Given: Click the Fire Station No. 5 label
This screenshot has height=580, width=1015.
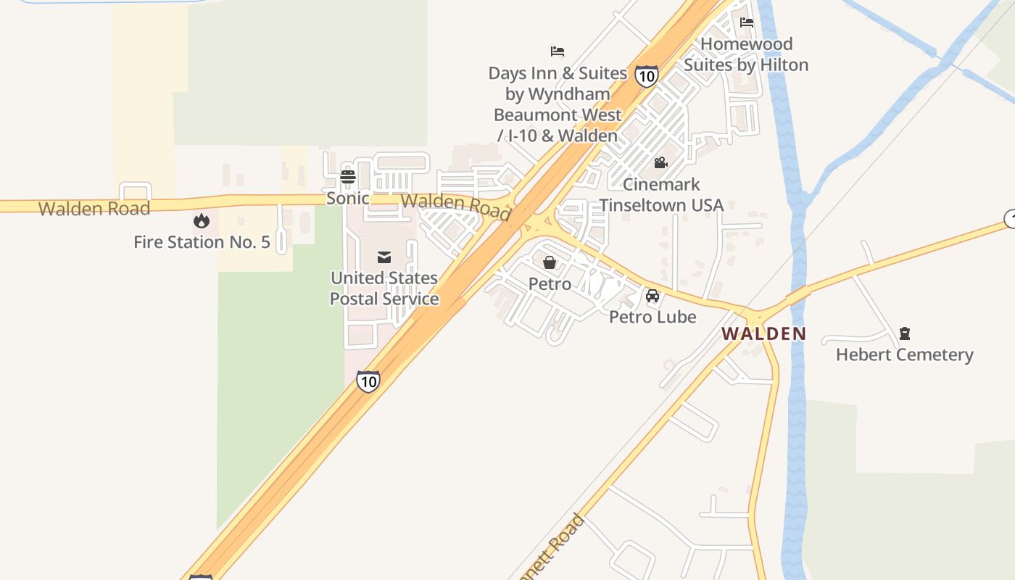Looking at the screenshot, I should click(202, 242).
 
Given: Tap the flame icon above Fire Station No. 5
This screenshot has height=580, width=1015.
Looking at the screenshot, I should click(202, 220).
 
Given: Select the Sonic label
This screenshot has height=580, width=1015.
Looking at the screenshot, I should click(347, 198).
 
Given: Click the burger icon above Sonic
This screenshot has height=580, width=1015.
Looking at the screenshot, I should click(348, 176).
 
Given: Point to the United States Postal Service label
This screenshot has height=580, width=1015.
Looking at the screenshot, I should click(384, 288).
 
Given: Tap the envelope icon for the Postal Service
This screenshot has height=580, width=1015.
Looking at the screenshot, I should click(384, 257).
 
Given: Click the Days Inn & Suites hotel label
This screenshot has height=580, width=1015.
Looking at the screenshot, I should click(558, 104).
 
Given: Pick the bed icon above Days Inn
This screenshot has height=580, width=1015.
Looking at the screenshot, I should click(558, 51).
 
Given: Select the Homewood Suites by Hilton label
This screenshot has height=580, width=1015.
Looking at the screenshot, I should click(746, 54).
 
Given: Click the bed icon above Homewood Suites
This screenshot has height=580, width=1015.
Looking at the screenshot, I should click(747, 22).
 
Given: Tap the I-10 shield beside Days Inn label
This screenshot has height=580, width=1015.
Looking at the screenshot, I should click(646, 75).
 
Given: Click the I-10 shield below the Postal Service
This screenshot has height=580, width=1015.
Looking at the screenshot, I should click(368, 381).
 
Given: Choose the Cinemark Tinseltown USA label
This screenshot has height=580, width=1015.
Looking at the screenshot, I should click(661, 194).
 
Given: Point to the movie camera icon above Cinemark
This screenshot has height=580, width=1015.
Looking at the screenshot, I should click(660, 163).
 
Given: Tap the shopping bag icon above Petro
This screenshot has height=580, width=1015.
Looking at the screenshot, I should click(550, 262).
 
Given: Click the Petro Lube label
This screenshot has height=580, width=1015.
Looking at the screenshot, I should click(652, 317).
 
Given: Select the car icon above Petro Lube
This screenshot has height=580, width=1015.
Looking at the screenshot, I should click(652, 296).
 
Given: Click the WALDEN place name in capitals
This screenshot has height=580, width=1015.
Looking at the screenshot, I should click(763, 334).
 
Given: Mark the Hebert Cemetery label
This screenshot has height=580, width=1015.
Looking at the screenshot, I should click(904, 355).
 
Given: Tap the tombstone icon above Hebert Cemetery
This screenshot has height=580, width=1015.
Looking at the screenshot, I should click(904, 333).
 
